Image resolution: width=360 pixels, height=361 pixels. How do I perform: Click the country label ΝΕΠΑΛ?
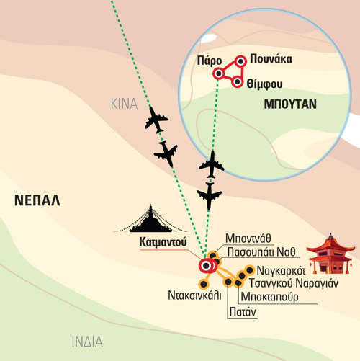tap(37, 200)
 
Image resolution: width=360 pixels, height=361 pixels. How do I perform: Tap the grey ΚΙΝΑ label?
tap(124, 104)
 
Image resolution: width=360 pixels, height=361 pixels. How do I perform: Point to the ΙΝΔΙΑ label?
tap(87, 342)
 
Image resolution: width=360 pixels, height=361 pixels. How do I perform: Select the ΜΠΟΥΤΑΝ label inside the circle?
tap(290, 104)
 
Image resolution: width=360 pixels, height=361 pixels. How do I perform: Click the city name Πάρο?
tap(210, 61)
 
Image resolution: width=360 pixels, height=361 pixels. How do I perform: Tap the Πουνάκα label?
tap(271, 59)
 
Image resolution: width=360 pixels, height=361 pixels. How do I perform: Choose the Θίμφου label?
tap(264, 84)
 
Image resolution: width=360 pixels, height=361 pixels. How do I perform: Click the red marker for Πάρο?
tap(218, 73)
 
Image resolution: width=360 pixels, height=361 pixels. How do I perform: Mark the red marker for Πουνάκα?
tap(240, 61)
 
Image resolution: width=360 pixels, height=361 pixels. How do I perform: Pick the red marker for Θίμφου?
tap(238, 82)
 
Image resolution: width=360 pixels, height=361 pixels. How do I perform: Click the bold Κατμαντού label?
tap(163, 242)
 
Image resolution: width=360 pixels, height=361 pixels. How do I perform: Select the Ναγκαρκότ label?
tap(281, 271)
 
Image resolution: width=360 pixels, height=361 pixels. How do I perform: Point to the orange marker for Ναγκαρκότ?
tap(250, 270)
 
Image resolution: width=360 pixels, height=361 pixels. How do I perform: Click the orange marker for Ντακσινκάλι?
tap(204, 284)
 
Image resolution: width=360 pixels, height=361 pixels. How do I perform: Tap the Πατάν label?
tap(243, 312)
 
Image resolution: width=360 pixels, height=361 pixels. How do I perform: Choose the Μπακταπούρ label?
tap(269, 297)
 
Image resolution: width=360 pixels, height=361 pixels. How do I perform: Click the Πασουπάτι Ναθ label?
tap(261, 252)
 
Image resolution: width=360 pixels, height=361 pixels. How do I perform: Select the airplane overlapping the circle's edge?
tap(212, 164)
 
